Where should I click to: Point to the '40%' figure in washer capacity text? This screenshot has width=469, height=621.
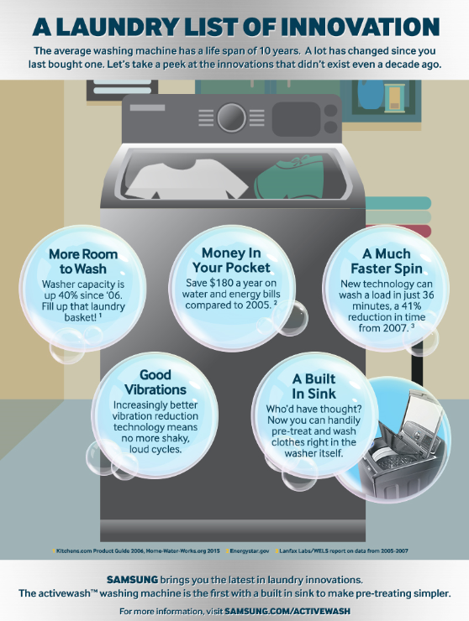[x=81, y=296]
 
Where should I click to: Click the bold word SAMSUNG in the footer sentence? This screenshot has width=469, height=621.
[x=134, y=579]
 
